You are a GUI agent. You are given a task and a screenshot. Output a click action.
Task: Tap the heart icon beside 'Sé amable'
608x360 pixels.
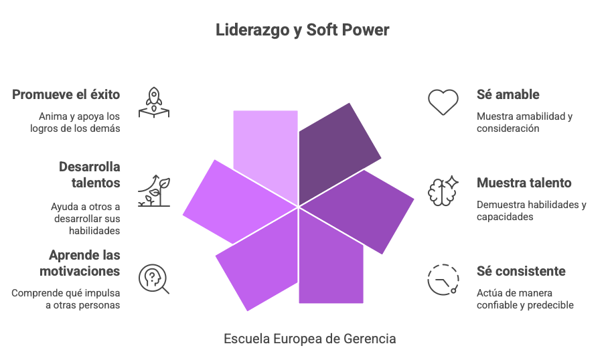(443, 102)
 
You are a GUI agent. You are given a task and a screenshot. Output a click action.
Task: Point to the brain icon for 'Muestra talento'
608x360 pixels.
(443, 190)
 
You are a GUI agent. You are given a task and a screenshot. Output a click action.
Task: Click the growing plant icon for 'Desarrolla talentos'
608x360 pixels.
(153, 191)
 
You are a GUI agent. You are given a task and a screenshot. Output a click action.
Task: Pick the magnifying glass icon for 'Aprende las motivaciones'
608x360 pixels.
(153, 279)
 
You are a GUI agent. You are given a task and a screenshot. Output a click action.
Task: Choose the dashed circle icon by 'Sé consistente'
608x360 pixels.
(443, 279)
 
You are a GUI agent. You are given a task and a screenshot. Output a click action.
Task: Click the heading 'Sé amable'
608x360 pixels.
(508, 94)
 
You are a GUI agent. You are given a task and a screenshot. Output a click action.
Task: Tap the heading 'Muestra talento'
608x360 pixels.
(524, 183)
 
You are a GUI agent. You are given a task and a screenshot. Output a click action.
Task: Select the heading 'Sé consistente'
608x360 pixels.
(522, 272)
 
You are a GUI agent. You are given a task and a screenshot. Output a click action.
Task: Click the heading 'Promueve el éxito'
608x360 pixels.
(66, 94)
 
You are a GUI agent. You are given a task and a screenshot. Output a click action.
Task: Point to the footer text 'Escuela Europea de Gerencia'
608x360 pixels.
(309, 339)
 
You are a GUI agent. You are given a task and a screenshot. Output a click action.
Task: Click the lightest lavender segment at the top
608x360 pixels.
(266, 147)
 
